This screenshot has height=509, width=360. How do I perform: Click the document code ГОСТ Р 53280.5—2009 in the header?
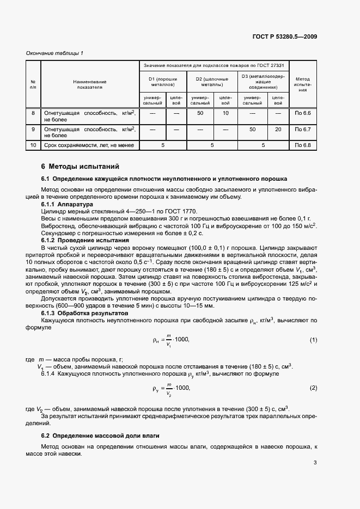pyautogui.click(x=285, y=36)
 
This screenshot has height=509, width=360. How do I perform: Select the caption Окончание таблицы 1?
pyautogui.click(x=55, y=53)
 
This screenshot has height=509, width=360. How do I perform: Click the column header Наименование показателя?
pyautogui.click(x=90, y=84)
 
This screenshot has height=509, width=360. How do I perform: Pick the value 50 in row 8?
pyautogui.click(x=200, y=113)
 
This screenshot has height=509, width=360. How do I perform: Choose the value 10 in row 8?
pyautogui.click(x=225, y=113)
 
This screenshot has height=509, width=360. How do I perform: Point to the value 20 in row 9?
pyautogui.click(x=278, y=130)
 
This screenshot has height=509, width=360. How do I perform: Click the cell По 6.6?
pyautogui.click(x=302, y=113)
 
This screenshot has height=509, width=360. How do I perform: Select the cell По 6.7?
pyautogui.click(x=302, y=130)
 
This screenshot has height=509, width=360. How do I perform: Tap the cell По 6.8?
pyautogui.click(x=302, y=145)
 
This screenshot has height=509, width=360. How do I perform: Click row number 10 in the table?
pyautogui.click(x=33, y=145)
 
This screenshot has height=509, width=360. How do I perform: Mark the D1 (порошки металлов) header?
pyautogui.click(x=163, y=82)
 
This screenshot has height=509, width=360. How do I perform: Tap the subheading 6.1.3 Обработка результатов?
pyautogui.click(x=84, y=314)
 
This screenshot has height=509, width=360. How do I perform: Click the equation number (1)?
pyautogui.click(x=313, y=340)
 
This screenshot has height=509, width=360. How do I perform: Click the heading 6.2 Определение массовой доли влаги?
pyautogui.click(x=100, y=436)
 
